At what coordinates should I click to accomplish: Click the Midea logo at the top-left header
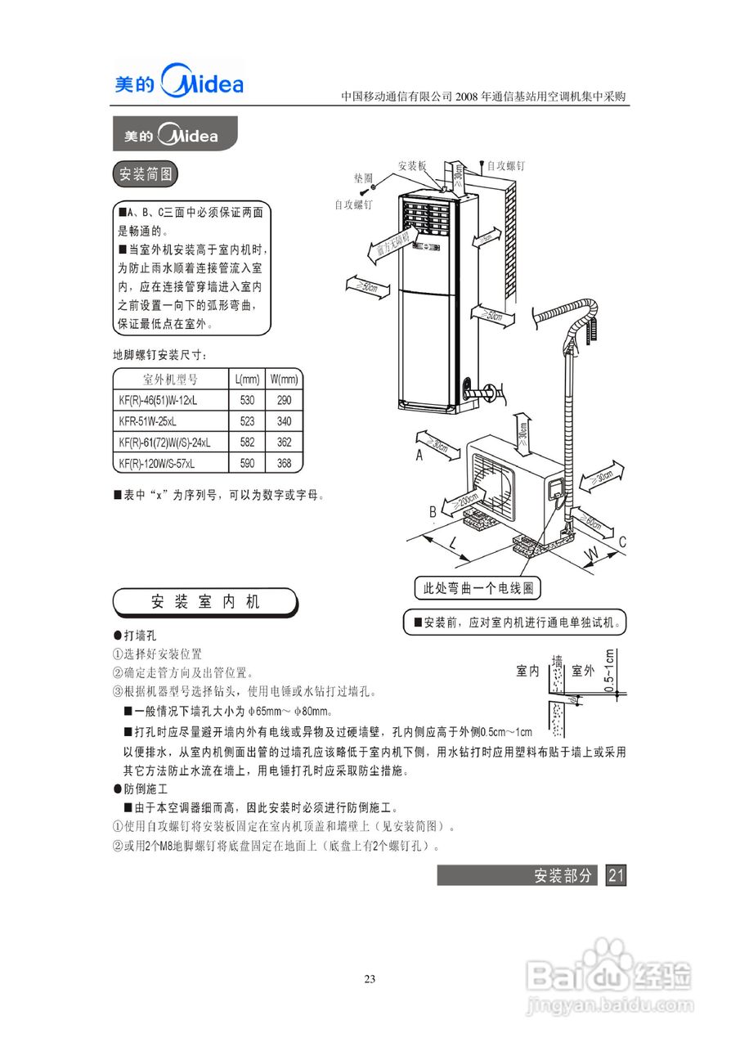(x=178, y=83)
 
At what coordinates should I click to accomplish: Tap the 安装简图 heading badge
(x=144, y=174)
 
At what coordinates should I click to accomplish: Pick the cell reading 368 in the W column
(x=285, y=463)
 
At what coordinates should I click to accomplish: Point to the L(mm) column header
(x=248, y=380)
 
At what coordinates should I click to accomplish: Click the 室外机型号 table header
(x=170, y=380)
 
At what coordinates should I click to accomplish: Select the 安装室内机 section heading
(x=205, y=602)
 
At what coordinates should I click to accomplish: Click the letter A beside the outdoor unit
(x=419, y=456)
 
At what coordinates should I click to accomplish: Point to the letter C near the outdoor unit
(x=622, y=541)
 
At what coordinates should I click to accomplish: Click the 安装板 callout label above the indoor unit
(x=413, y=165)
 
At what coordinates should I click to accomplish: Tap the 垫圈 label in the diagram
(x=364, y=177)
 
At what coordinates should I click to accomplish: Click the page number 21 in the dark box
(x=616, y=875)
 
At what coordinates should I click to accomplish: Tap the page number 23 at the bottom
(x=370, y=979)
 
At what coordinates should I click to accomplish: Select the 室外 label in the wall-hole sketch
(x=583, y=671)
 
